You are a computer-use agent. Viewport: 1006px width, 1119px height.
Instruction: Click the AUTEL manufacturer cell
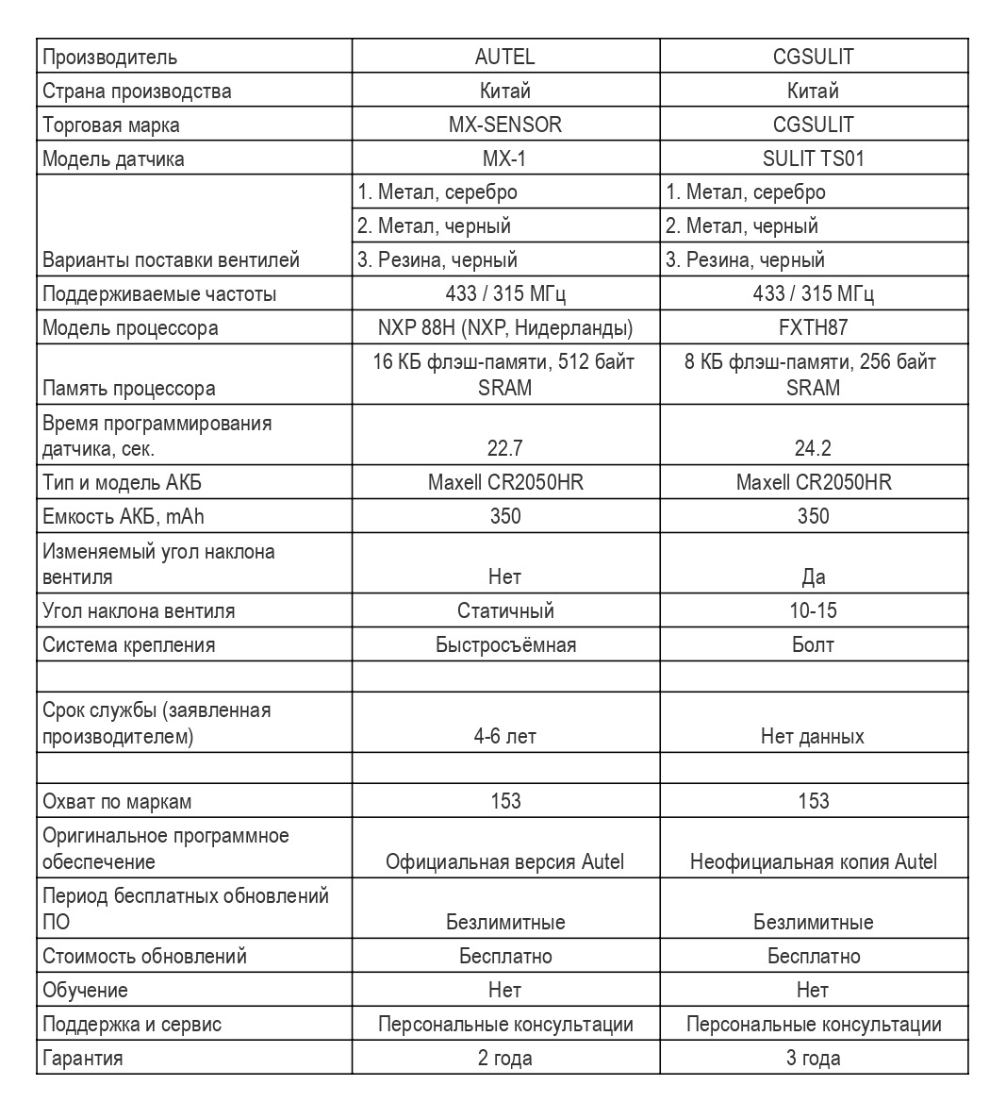pyautogui.click(x=504, y=57)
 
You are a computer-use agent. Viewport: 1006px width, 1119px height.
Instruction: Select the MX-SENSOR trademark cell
pyautogui.click(x=504, y=125)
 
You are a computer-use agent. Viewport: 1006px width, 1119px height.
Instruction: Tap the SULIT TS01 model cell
pyautogui.click(x=813, y=159)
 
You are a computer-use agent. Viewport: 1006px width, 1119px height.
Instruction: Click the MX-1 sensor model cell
pyautogui.click(x=504, y=159)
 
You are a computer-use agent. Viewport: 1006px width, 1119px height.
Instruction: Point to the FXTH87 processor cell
pyautogui.click(x=813, y=327)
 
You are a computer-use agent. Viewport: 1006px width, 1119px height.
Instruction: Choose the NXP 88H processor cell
pyautogui.click(x=504, y=327)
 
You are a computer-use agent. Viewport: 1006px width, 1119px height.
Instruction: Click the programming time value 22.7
pyautogui.click(x=504, y=448)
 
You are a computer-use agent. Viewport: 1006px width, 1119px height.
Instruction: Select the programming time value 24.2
pyautogui.click(x=813, y=448)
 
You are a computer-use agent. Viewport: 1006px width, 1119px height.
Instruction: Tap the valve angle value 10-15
pyautogui.click(x=813, y=610)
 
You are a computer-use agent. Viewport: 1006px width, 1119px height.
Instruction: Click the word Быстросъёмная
pyautogui.click(x=505, y=644)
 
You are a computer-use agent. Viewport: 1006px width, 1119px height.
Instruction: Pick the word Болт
pyautogui.click(x=813, y=644)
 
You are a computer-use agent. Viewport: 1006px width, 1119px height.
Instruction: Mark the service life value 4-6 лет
pyautogui.click(x=504, y=736)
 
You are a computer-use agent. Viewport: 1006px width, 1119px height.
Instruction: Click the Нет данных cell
pyautogui.click(x=813, y=736)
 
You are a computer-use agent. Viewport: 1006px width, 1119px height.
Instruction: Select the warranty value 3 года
pyautogui.click(x=813, y=1058)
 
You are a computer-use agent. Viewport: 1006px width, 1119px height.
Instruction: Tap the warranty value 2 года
pyautogui.click(x=504, y=1058)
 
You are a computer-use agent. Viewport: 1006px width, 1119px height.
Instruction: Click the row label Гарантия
pyautogui.click(x=83, y=1058)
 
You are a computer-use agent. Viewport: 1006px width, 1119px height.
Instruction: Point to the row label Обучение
pyautogui.click(x=85, y=990)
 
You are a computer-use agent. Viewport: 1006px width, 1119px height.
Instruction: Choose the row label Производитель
pyautogui.click(x=109, y=57)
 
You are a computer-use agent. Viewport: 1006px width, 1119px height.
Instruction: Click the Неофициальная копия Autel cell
pyautogui.click(x=813, y=861)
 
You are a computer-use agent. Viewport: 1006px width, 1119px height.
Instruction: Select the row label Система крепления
pyautogui.click(x=128, y=644)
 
